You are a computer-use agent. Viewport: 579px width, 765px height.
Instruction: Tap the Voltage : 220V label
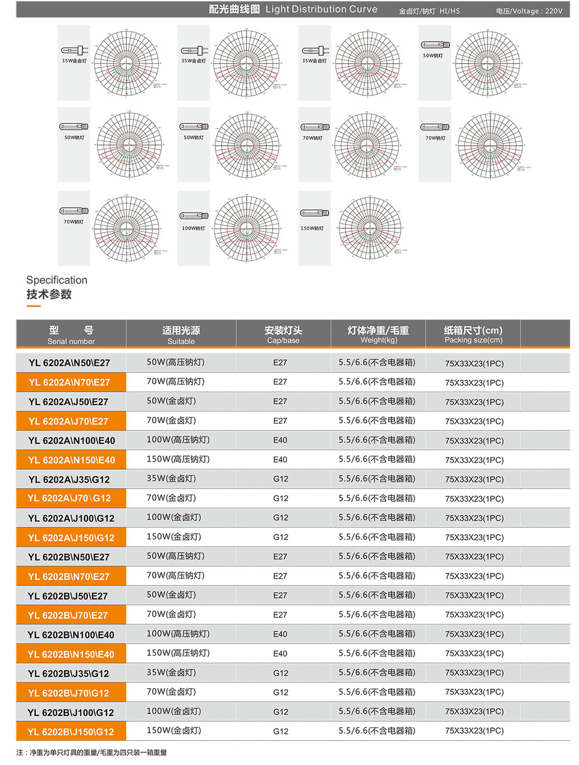pyautogui.click(x=529, y=11)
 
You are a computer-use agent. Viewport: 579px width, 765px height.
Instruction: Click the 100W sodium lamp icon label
pyautogui.click(x=193, y=228)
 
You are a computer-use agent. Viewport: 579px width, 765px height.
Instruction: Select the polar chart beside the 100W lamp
pyautogui.click(x=247, y=228)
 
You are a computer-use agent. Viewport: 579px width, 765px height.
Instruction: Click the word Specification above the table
pyautogui.click(x=57, y=280)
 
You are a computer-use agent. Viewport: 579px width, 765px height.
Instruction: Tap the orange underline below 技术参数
pyautogui.click(x=34, y=306)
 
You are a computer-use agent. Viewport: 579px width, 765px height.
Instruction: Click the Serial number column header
pyautogui.click(x=71, y=335)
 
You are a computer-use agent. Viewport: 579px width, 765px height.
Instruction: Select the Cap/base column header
pyautogui.click(x=283, y=335)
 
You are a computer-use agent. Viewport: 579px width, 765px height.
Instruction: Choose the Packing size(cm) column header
pyautogui.click(x=473, y=335)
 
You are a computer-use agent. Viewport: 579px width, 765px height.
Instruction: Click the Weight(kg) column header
pyautogui.click(x=378, y=335)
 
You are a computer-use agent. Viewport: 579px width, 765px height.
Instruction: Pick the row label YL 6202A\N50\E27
pyautogui.click(x=69, y=363)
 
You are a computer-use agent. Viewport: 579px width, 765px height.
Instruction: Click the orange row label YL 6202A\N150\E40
pyautogui.click(x=71, y=460)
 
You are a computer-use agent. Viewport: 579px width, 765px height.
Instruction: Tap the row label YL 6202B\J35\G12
pyautogui.click(x=69, y=674)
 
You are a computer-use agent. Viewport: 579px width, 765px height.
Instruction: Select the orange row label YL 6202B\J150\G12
pyautogui.click(x=71, y=732)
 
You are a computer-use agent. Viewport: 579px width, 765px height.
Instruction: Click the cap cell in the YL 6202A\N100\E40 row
pyautogui.click(x=280, y=440)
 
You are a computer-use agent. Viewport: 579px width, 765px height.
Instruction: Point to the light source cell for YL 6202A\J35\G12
pyautogui.click(x=171, y=479)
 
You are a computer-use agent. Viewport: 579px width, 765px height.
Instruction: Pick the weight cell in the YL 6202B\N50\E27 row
pyautogui.click(x=377, y=556)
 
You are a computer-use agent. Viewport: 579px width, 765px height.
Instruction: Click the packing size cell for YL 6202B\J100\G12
pyautogui.click(x=474, y=712)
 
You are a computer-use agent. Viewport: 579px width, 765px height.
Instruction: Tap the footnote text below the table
pyautogui.click(x=91, y=753)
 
